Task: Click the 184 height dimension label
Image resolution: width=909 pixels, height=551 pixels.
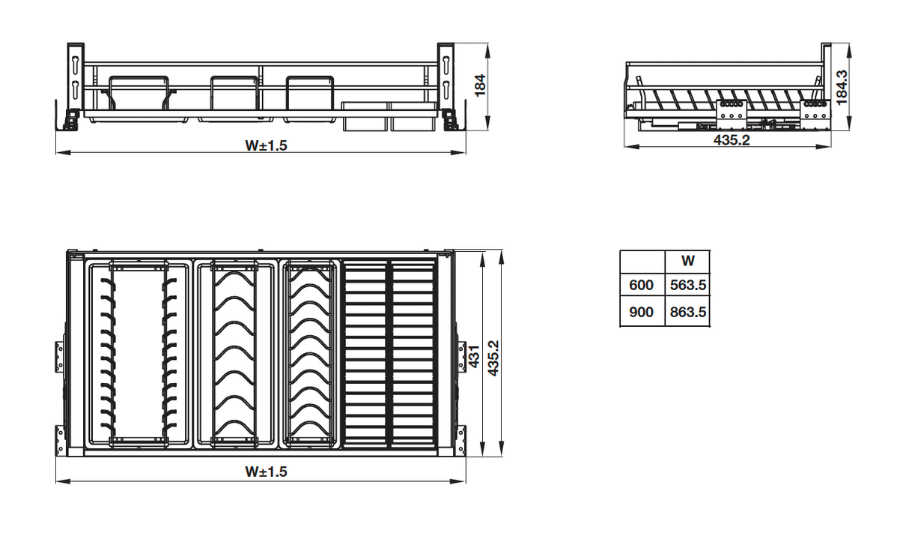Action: tap(480, 85)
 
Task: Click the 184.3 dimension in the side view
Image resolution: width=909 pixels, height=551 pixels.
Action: tap(842, 88)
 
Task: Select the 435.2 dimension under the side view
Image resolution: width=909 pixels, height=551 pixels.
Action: tap(732, 139)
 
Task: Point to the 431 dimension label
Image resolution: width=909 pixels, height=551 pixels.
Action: tap(474, 356)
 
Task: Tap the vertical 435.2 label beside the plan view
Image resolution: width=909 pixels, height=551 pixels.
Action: tap(493, 358)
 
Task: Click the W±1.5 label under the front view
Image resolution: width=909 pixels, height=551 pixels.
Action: tap(266, 145)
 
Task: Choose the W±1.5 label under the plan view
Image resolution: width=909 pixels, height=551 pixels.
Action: tap(266, 472)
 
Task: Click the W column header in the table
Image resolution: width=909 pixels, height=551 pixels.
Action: tap(688, 260)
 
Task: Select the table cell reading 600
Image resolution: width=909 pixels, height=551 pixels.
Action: tap(641, 285)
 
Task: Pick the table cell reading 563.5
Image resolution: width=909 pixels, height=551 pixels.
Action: tap(688, 285)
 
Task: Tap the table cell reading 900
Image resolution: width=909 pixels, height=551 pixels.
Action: tap(641, 312)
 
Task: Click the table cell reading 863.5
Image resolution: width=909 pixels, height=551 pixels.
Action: tap(688, 312)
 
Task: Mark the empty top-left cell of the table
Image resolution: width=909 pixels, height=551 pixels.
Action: tap(642, 262)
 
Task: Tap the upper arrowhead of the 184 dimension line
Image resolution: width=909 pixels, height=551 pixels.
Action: tap(487, 49)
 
